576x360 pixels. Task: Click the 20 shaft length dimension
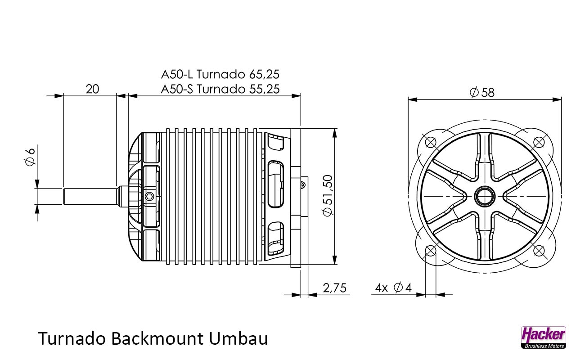tap(92, 89)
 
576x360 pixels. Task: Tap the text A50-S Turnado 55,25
tap(220, 89)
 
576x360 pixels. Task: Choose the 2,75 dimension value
tap(335, 288)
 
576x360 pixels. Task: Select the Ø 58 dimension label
tap(482, 92)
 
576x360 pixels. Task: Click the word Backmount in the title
tap(157, 338)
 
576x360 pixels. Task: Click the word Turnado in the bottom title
tap(72, 338)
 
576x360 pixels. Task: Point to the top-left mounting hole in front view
tap(431, 142)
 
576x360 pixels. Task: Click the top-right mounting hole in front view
tap(538, 142)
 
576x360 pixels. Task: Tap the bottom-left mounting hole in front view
tap(431, 250)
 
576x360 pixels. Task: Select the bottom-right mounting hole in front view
tap(538, 250)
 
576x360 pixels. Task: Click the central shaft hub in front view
tap(485, 196)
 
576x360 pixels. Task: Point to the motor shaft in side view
tap(90, 196)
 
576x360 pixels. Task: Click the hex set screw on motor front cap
tap(149, 196)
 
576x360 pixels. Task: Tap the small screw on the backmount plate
tap(304, 184)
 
